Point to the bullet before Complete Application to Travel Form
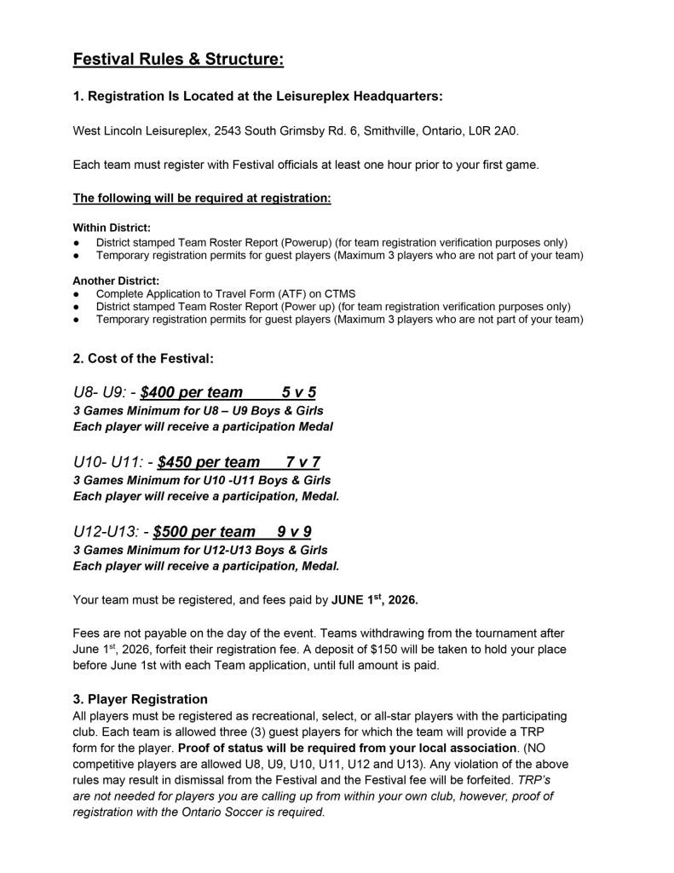pyautogui.click(x=78, y=293)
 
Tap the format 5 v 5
pyautogui.click(x=299, y=392)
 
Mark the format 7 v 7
pyautogui.click(x=302, y=463)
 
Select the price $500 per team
pyautogui.click(x=205, y=533)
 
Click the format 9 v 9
pyautogui.click(x=295, y=533)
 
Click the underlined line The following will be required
pyautogui.click(x=202, y=198)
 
